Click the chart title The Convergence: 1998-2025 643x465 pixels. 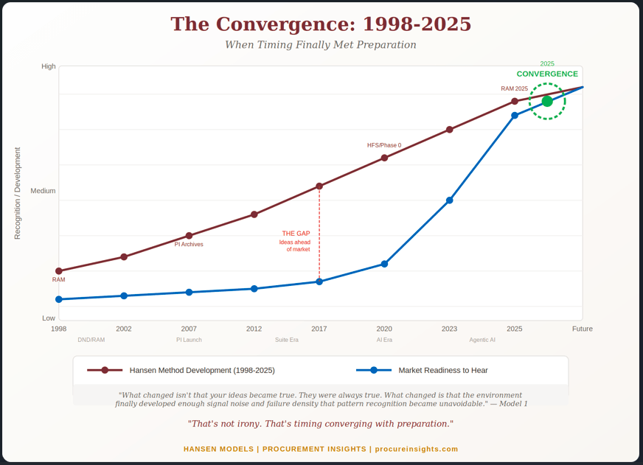[321, 24]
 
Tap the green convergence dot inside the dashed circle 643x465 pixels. [547, 102]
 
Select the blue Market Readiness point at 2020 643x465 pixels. [384, 264]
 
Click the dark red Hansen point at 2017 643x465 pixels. [319, 186]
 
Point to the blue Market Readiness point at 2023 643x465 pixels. [450, 200]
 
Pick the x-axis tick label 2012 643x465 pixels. [254, 329]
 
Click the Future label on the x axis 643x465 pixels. [582, 329]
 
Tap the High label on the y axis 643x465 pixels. [49, 66]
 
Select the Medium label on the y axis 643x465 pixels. [43, 191]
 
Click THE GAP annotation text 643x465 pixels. [296, 234]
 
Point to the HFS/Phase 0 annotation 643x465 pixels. [384, 145]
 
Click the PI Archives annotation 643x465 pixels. [189, 244]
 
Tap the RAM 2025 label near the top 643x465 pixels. [515, 88]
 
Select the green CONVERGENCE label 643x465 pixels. [547, 74]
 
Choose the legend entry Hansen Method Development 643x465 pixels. [201, 371]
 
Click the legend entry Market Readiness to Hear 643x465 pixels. [442, 371]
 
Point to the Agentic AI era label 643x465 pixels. [482, 340]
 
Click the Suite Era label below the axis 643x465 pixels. [287, 340]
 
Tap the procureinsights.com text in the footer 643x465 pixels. [417, 449]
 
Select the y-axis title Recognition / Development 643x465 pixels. [18, 193]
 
